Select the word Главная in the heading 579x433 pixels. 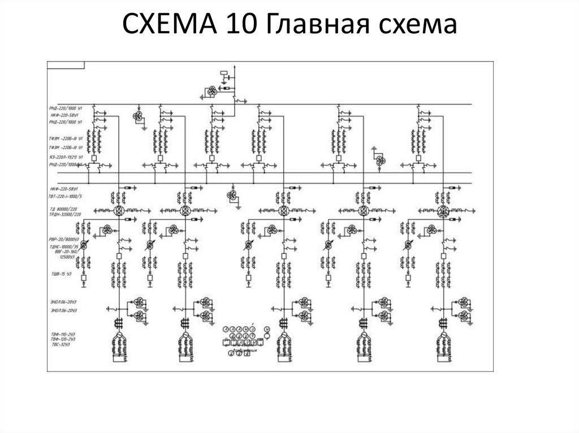(325, 25)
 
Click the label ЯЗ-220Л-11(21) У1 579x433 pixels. (66, 156)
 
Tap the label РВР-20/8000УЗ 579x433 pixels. (63, 239)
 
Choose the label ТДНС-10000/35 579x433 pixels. (63, 247)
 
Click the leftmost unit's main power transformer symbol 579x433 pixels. (119, 211)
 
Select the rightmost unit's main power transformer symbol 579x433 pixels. (442, 211)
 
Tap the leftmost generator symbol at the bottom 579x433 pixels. (119, 342)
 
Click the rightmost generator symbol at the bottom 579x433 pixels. (443, 342)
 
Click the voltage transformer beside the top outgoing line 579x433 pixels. (210, 92)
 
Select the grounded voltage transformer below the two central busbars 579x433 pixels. (232, 195)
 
